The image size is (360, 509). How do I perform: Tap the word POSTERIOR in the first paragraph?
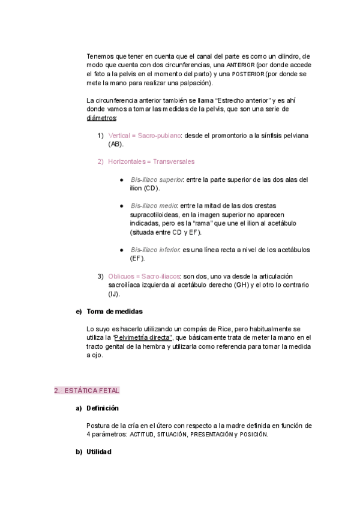tap(248, 74)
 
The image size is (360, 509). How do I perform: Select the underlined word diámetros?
tap(101, 118)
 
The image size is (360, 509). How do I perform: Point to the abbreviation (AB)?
tap(116, 145)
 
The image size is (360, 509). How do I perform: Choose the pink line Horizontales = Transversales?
tap(151, 161)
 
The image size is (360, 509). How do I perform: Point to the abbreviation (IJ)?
tap(114, 294)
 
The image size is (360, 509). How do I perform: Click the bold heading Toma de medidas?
tap(115, 312)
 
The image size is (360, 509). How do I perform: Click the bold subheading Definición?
tap(103, 408)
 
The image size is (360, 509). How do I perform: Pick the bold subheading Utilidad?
tap(99, 451)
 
